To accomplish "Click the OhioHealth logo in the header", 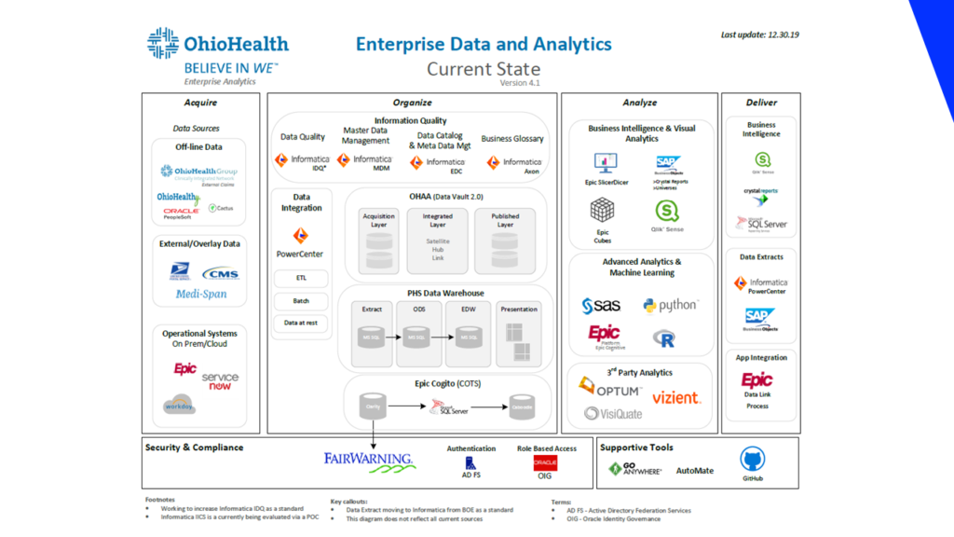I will coord(218,45).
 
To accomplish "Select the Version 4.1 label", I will coord(520,82).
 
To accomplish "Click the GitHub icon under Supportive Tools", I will coord(752,460).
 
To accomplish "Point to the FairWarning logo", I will coord(369,459).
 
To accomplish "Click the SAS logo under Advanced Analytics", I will coord(601,306).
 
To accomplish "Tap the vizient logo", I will coord(676,397).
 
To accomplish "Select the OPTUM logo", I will coord(610,389).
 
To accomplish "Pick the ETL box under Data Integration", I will coord(300,277).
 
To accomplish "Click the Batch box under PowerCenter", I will coord(300,300).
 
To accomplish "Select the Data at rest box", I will coord(300,323).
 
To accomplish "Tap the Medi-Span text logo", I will coord(201,295).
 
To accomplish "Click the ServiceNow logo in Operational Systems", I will coord(220,379).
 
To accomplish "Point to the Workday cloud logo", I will coord(178,405).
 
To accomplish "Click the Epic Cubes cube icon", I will coord(604,211).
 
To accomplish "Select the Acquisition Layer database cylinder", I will coord(378,242).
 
